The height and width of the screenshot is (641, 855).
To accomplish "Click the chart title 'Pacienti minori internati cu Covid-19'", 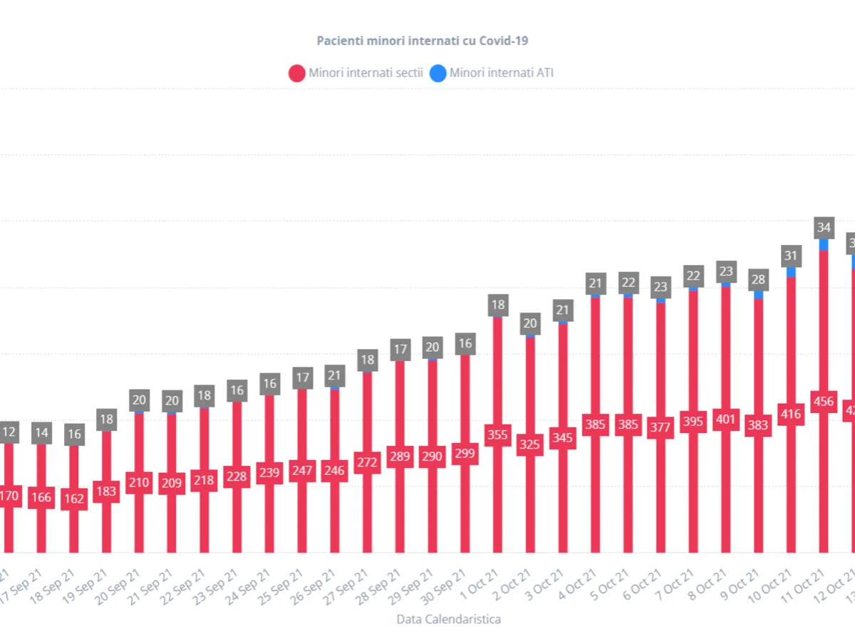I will [423, 41].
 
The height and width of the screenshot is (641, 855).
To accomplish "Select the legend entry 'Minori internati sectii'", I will [366, 73].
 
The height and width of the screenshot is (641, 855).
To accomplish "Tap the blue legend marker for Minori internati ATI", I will [438, 73].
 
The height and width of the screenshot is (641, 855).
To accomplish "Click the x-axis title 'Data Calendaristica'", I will [448, 619].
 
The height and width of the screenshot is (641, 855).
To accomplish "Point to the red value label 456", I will [824, 401].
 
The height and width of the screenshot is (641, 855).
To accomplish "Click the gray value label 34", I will [824, 228].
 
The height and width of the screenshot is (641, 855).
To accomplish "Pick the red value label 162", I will [73, 499].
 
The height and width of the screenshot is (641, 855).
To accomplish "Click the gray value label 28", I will [758, 279].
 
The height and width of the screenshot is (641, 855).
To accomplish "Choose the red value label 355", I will [497, 435].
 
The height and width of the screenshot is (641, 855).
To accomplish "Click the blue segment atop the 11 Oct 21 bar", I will [824, 244].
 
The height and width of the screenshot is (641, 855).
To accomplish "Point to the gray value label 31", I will [791, 256].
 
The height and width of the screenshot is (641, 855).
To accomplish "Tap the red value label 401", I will [726, 419].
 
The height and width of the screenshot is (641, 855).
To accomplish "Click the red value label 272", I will [368, 462].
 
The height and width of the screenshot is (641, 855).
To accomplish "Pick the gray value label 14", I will [41, 433].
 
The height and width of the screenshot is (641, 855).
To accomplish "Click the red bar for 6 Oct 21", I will [660, 499].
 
